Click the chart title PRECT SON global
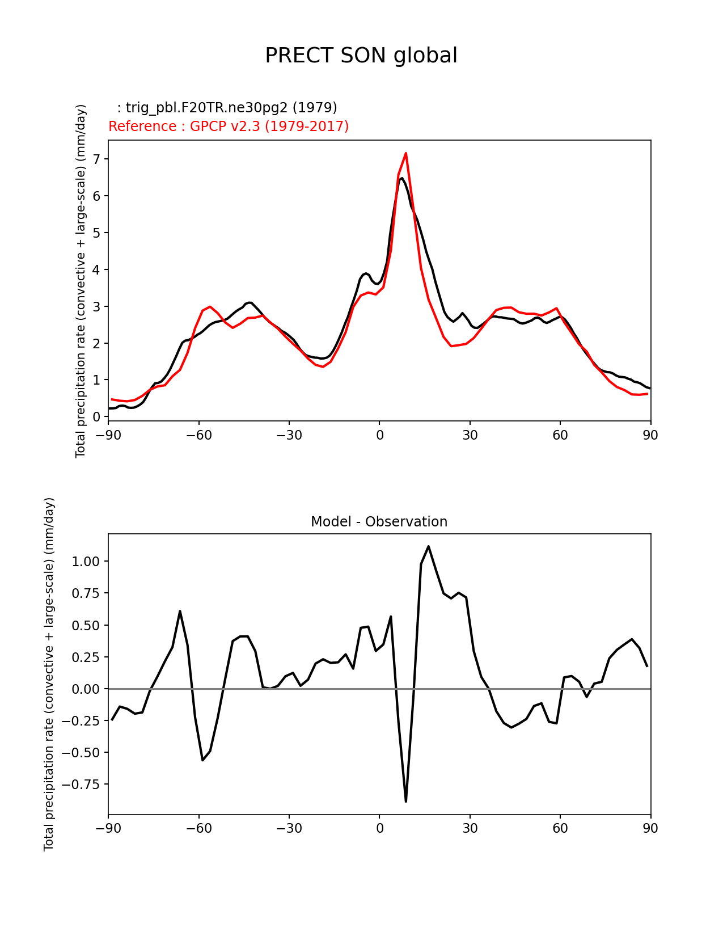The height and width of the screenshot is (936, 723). (x=361, y=56)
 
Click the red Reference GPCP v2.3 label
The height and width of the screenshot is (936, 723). (x=229, y=126)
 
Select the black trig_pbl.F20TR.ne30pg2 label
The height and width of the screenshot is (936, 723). (x=227, y=108)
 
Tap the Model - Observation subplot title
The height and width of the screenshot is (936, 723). (x=379, y=522)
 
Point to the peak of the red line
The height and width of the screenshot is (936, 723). (x=406, y=153)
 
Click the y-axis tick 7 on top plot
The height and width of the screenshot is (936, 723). (x=96, y=159)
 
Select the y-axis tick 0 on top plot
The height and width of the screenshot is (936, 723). (x=96, y=417)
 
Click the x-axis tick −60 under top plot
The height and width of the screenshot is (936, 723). (x=198, y=435)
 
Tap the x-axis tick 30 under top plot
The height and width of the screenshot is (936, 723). (x=470, y=435)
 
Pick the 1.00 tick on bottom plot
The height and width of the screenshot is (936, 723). (x=87, y=562)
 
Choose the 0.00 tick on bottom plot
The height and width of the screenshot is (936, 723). (x=87, y=689)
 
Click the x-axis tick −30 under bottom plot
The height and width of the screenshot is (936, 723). (x=289, y=828)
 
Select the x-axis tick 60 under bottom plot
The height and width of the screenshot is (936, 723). (x=560, y=828)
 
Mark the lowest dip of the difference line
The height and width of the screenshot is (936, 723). (x=406, y=801)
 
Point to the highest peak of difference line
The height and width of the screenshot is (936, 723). (x=428, y=546)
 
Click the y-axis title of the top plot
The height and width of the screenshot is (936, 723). (x=81, y=281)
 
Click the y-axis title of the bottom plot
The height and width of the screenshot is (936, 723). (x=49, y=674)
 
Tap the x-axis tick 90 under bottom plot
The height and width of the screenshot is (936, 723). (x=650, y=828)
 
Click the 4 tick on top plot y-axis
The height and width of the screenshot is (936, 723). (x=96, y=269)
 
